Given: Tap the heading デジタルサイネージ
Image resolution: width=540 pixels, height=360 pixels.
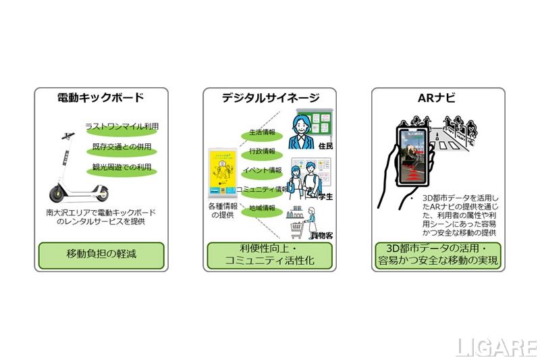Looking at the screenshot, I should (271, 98).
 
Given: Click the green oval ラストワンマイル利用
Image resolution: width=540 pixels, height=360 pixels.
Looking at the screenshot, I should (122, 126).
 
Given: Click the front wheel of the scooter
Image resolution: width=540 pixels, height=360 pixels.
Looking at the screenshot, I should (101, 194).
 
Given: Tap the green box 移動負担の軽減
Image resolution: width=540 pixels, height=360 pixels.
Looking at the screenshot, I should (101, 255).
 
